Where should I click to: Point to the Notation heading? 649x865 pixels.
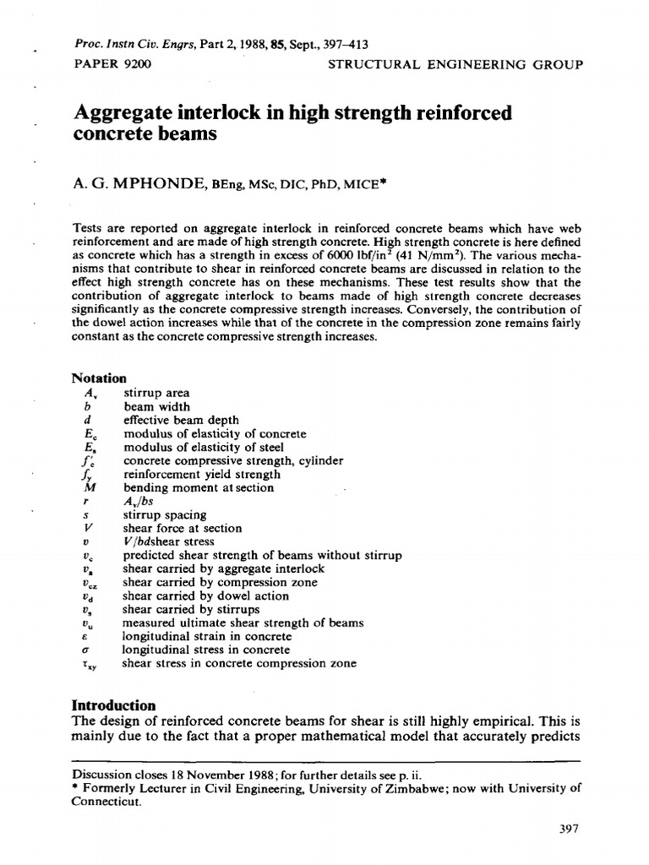click(99, 378)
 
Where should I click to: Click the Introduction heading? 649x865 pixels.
click(113, 705)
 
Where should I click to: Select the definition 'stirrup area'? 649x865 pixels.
click(156, 393)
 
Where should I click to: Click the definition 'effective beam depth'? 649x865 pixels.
click(181, 420)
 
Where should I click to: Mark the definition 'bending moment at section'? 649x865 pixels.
click(199, 487)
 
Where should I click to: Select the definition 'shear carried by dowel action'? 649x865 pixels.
click(205, 596)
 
